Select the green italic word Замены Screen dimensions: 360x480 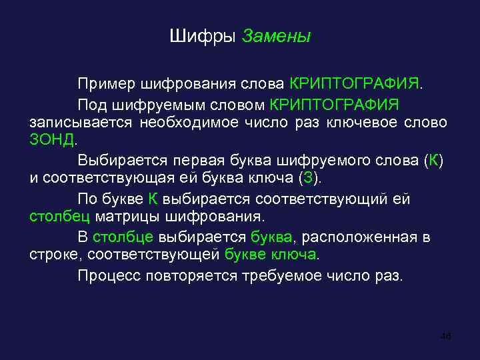click(276, 35)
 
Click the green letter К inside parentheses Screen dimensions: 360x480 click(434, 161)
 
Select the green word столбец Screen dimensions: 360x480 click(60, 217)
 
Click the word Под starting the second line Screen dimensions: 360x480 click(91, 105)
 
